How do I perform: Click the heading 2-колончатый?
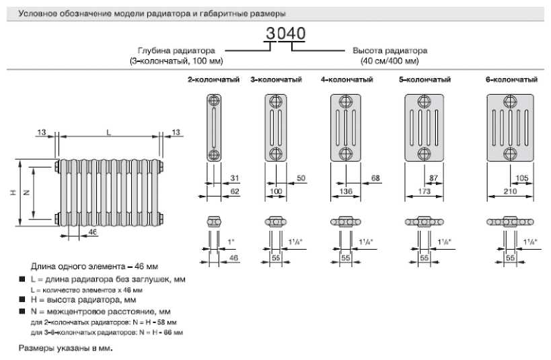tap(214, 80)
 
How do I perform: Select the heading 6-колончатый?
tap(511, 80)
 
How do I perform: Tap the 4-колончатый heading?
tap(346, 80)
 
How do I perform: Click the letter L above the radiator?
tap(108, 133)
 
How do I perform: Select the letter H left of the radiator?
tap(12, 193)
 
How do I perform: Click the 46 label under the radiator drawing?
tap(92, 232)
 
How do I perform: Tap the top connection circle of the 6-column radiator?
tap(511, 102)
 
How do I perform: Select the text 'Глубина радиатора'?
tap(176, 50)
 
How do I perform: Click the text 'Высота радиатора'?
tap(390, 50)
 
